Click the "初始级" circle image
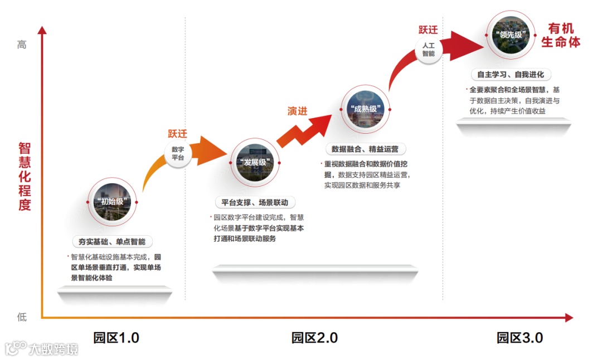point(112,202)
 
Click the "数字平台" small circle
point(178,153)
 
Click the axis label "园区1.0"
point(116,338)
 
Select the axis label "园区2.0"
point(314,338)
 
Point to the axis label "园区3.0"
point(520,338)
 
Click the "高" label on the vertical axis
point(22,45)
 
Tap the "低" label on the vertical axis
point(22,317)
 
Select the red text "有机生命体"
point(561,35)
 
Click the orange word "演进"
point(297,111)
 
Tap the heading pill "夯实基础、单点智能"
point(112,241)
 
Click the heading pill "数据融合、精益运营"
point(365,149)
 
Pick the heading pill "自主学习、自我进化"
point(510,74)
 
